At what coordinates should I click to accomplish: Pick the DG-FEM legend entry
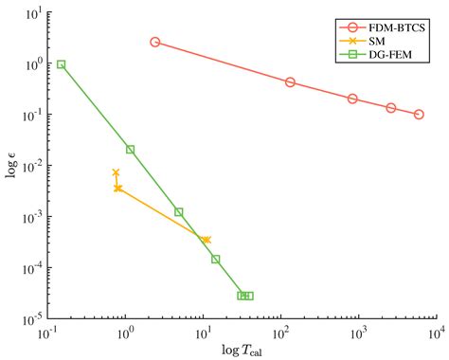[x=387, y=55]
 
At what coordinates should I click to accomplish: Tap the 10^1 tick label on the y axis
[x=30, y=14]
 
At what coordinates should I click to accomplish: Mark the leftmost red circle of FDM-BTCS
[x=155, y=42]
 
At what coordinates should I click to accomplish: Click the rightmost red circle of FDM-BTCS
[x=419, y=114]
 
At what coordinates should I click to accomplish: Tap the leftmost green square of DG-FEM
[x=62, y=64]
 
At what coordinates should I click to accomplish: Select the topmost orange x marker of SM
[x=116, y=172]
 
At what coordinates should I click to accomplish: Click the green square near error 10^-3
[x=178, y=212]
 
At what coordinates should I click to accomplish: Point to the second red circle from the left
[x=290, y=82]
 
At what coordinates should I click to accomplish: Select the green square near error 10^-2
[x=130, y=150]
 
